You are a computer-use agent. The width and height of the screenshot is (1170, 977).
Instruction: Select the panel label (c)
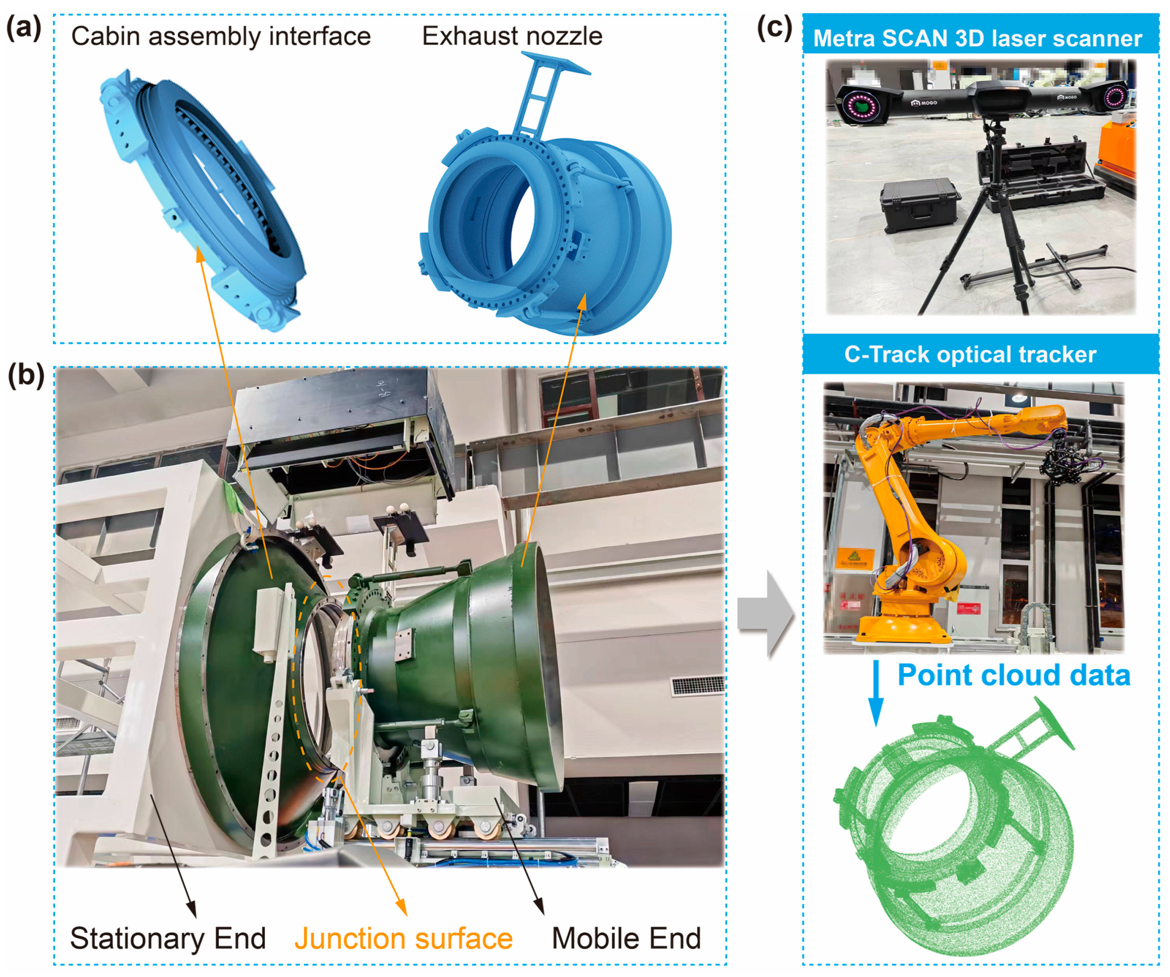tap(774, 28)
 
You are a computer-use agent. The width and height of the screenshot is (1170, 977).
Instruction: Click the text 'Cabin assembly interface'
tap(220, 37)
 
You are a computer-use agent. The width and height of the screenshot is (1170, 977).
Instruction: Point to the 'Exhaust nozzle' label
tap(512, 37)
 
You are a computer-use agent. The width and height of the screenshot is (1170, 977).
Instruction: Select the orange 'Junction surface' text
tap(403, 938)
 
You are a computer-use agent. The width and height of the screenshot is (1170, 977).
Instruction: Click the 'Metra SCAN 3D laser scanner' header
tap(977, 38)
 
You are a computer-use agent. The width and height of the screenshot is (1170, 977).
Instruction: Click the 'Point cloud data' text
tap(1013, 675)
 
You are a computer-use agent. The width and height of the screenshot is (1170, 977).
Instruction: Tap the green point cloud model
tap(953, 836)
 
